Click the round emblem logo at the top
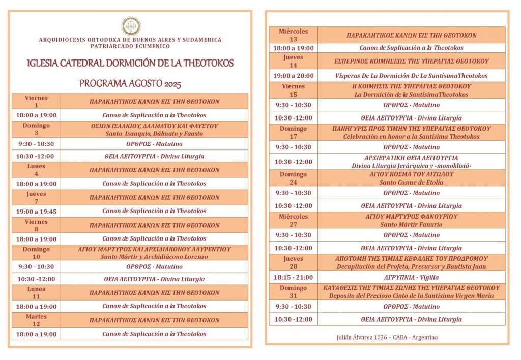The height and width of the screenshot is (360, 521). pyautogui.click(x=131, y=26)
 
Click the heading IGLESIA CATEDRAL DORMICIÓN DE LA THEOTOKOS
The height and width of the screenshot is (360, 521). pyautogui.click(x=130, y=64)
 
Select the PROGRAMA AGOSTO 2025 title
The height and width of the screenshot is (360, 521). pyautogui.click(x=130, y=84)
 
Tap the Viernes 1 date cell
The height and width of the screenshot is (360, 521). pyautogui.click(x=36, y=101)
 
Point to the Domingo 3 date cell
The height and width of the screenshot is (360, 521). pyautogui.click(x=36, y=129)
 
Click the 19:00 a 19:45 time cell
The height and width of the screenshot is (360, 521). pyautogui.click(x=36, y=211)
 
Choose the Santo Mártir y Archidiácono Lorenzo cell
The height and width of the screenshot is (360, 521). pyautogui.click(x=154, y=253)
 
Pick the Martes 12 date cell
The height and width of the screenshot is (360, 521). pyautogui.click(x=36, y=320)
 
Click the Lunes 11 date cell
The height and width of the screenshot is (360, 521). pyautogui.click(x=36, y=292)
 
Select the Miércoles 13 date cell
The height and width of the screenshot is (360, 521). pyautogui.click(x=293, y=35)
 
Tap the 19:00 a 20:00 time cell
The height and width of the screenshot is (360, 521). pyautogui.click(x=293, y=76)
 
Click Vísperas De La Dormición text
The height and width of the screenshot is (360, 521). pyautogui.click(x=411, y=76)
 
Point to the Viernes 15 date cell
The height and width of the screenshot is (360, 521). pyautogui.click(x=293, y=90)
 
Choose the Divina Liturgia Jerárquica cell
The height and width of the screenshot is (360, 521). pyautogui.click(x=411, y=162)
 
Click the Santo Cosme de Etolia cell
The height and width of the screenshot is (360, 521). pyautogui.click(x=411, y=178)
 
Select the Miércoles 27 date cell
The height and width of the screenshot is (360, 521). pyautogui.click(x=293, y=220)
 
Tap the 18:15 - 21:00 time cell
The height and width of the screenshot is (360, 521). pyautogui.click(x=293, y=278)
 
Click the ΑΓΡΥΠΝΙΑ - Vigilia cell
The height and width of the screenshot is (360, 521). pyautogui.click(x=411, y=278)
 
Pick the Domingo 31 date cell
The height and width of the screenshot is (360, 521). pyautogui.click(x=293, y=292)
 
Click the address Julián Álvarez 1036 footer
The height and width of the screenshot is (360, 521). pyautogui.click(x=387, y=337)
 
